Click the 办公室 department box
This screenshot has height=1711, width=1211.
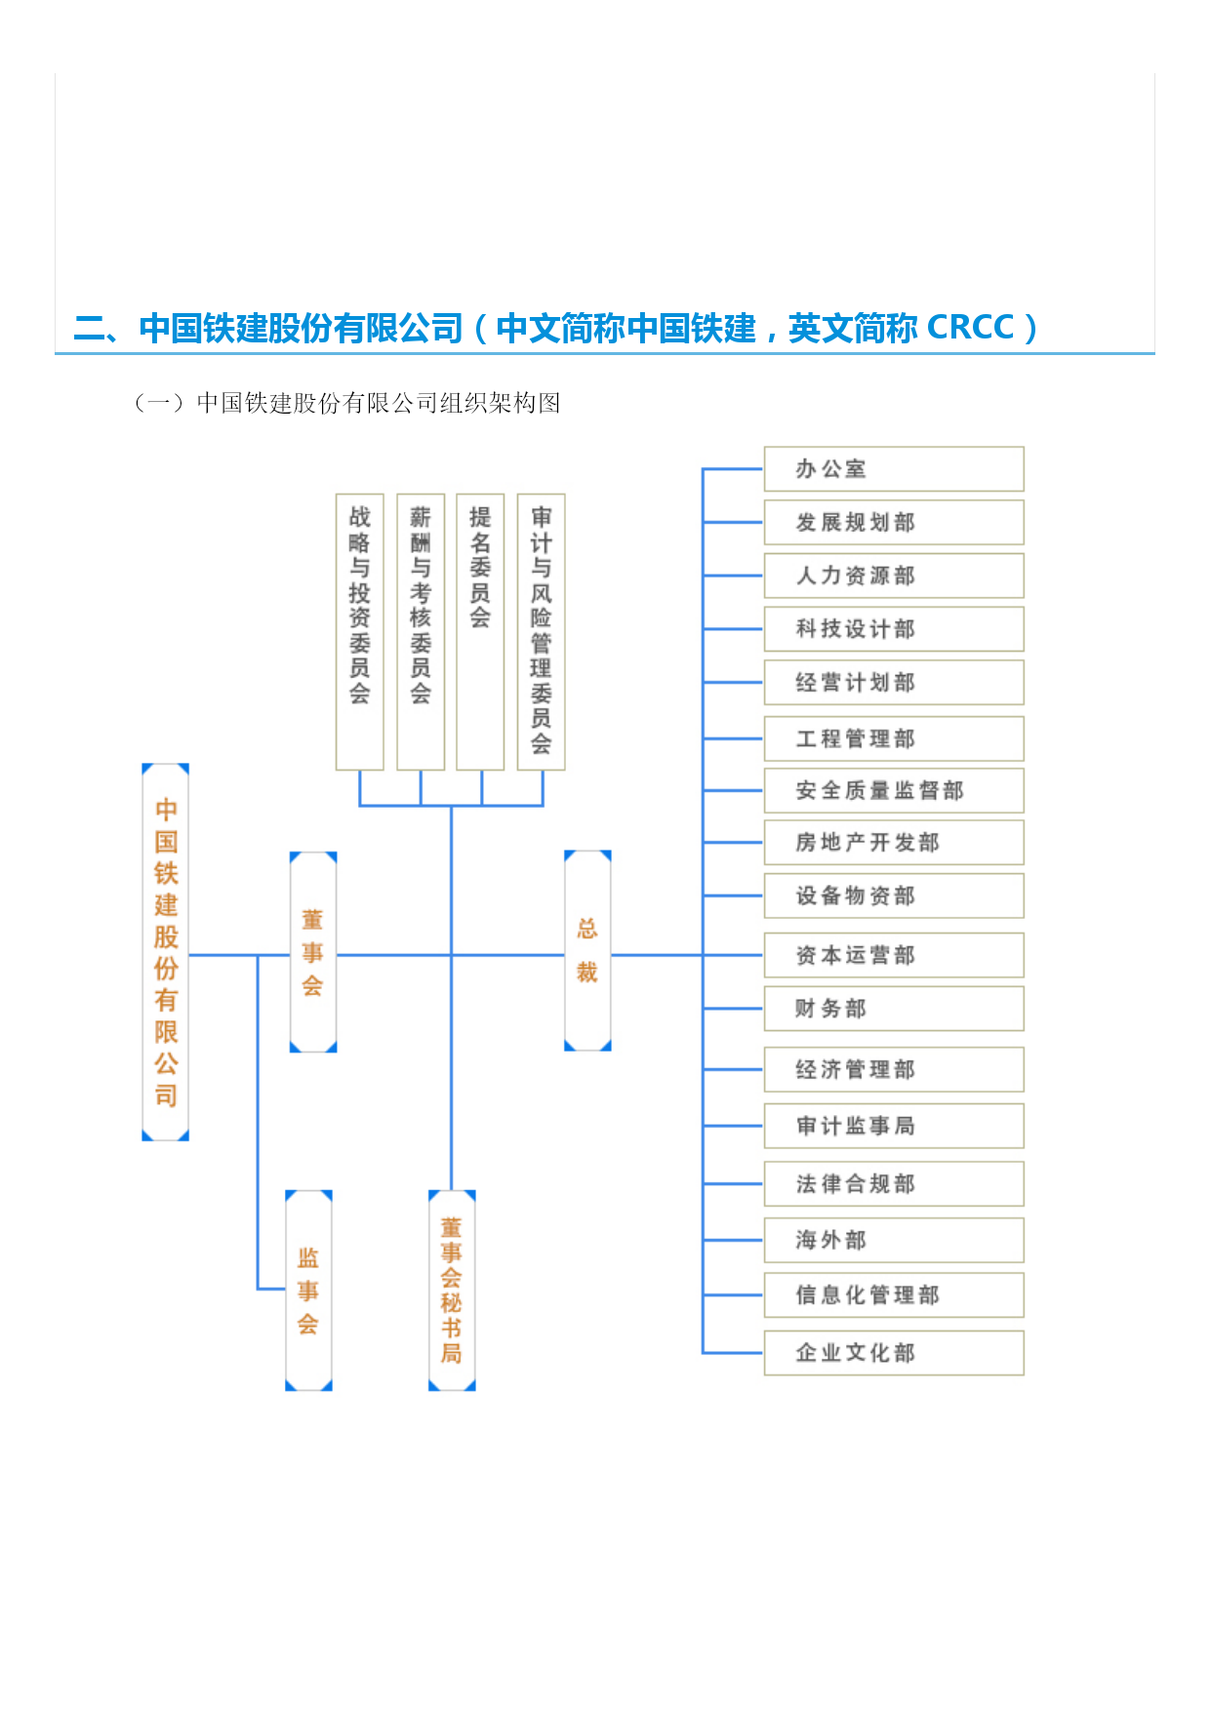click(x=894, y=469)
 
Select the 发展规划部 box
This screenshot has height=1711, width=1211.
click(x=894, y=522)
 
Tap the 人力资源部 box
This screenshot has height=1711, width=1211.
click(x=894, y=576)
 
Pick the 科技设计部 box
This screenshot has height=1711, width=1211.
click(x=894, y=629)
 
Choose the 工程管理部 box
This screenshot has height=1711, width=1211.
click(x=894, y=738)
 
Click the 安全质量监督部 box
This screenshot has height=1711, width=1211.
click(x=894, y=790)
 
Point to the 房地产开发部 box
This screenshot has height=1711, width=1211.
click(x=894, y=842)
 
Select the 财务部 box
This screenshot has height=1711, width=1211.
click(x=894, y=1009)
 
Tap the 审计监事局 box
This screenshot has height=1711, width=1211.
click(x=894, y=1126)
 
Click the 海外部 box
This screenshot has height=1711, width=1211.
click(x=894, y=1240)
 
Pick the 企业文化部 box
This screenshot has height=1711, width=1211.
click(x=894, y=1353)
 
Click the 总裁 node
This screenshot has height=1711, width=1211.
click(x=587, y=951)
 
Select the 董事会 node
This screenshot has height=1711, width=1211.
click(x=313, y=952)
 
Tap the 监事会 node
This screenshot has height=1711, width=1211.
click(x=308, y=1291)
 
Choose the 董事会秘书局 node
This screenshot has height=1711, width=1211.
click(x=452, y=1291)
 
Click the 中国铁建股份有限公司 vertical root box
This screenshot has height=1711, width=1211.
click(x=166, y=952)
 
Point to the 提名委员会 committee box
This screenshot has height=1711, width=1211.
click(x=480, y=632)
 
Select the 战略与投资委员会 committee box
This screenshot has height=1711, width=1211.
click(x=360, y=632)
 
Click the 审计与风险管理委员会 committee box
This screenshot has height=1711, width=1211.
click(x=542, y=632)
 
